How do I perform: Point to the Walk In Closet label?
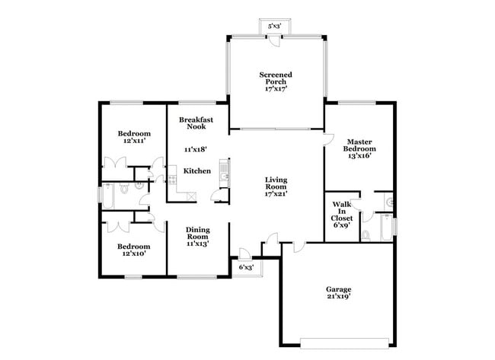(340, 214)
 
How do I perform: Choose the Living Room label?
(275, 186)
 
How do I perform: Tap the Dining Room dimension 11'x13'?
(197, 244)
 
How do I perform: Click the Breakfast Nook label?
(196, 125)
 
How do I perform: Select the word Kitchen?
(197, 171)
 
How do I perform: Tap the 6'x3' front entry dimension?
(246, 268)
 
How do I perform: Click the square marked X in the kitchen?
(190, 196)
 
